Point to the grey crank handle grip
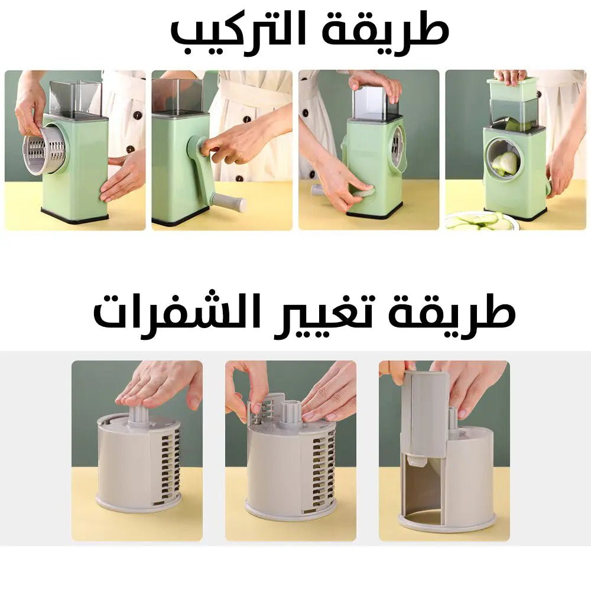tap(230, 203)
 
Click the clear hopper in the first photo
tap(75, 98)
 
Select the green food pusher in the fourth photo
tap(512, 89)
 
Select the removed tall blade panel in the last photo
tap(424, 414)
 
